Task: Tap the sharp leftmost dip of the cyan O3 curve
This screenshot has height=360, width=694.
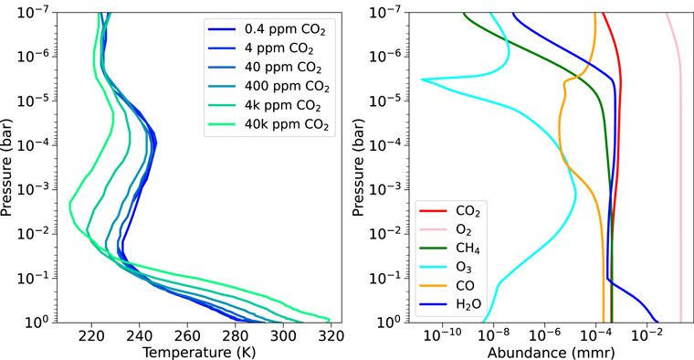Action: (x=423, y=79)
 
